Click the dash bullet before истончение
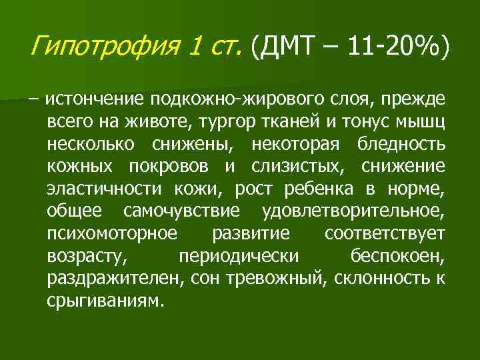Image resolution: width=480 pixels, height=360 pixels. tap(33, 100)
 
